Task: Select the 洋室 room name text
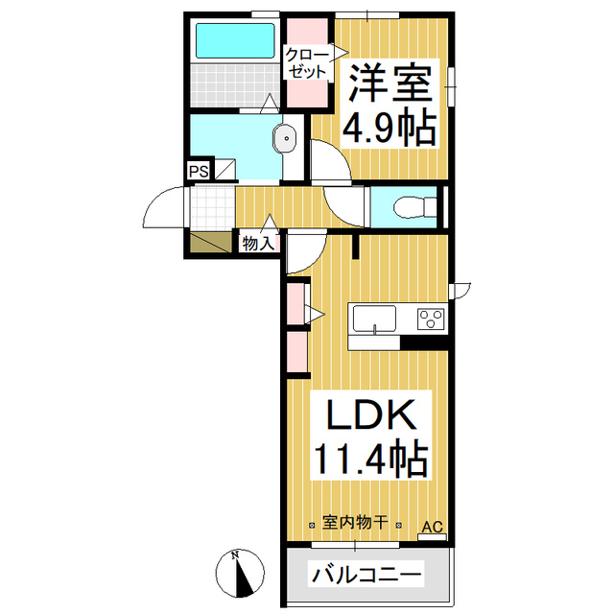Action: pyautogui.click(x=389, y=82)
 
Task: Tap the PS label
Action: pyautogui.click(x=199, y=172)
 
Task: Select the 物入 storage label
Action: pyautogui.click(x=258, y=244)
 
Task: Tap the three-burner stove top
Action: pyautogui.click(x=430, y=319)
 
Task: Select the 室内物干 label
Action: pyautogui.click(x=354, y=523)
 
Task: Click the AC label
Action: pyautogui.click(x=433, y=527)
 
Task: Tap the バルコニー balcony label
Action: pyautogui.click(x=365, y=576)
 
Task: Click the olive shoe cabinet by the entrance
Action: pyautogui.click(x=210, y=243)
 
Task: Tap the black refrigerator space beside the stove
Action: pyautogui.click(x=424, y=341)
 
